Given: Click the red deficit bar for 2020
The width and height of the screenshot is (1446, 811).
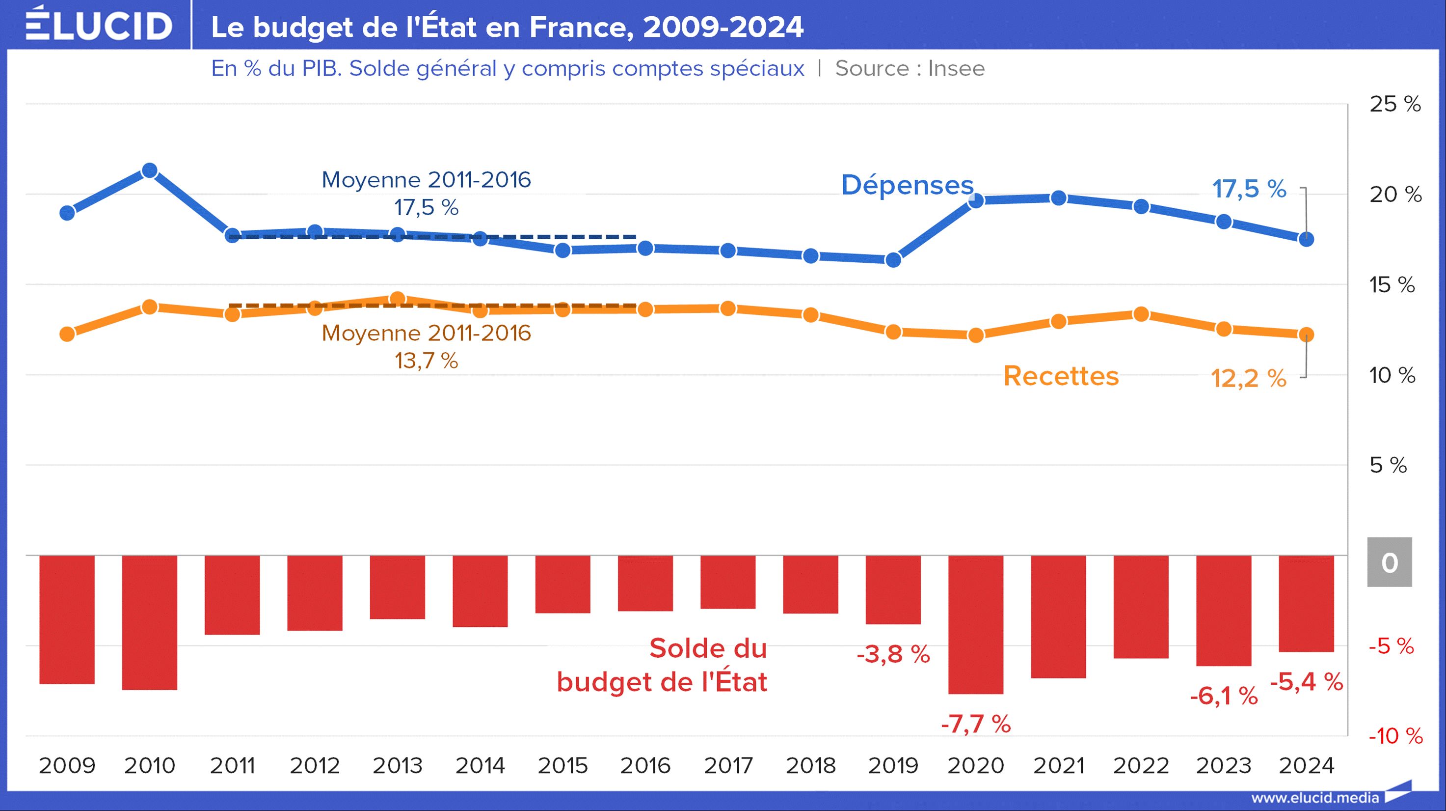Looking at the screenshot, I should [x=976, y=624].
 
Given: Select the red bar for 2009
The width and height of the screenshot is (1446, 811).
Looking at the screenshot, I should [x=67, y=619].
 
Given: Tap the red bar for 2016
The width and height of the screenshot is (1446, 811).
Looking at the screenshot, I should [x=645, y=583].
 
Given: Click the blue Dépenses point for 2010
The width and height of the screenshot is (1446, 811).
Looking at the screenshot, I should [x=149, y=170].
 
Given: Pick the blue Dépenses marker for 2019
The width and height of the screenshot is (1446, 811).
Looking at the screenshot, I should [x=893, y=259].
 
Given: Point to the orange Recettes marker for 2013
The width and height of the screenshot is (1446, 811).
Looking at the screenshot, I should [x=398, y=298].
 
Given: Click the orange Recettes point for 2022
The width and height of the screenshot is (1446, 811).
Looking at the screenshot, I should [x=1141, y=314].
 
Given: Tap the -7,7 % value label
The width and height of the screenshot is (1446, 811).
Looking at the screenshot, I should [x=976, y=724].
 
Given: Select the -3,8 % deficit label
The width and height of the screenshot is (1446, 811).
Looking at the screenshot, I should [x=893, y=654].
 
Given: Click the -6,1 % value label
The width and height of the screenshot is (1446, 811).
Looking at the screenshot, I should [x=1224, y=696].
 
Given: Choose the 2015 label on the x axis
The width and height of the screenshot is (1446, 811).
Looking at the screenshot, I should [x=562, y=765].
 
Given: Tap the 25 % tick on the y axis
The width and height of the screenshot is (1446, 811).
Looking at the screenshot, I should [x=1395, y=104].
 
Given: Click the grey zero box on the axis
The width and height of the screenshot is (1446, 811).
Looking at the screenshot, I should [x=1389, y=562].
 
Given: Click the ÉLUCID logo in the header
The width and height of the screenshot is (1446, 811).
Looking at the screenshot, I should [x=99, y=25].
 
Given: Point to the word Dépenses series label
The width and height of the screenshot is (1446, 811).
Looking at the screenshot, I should [x=907, y=185].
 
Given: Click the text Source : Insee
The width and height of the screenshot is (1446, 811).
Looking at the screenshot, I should [x=910, y=68].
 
